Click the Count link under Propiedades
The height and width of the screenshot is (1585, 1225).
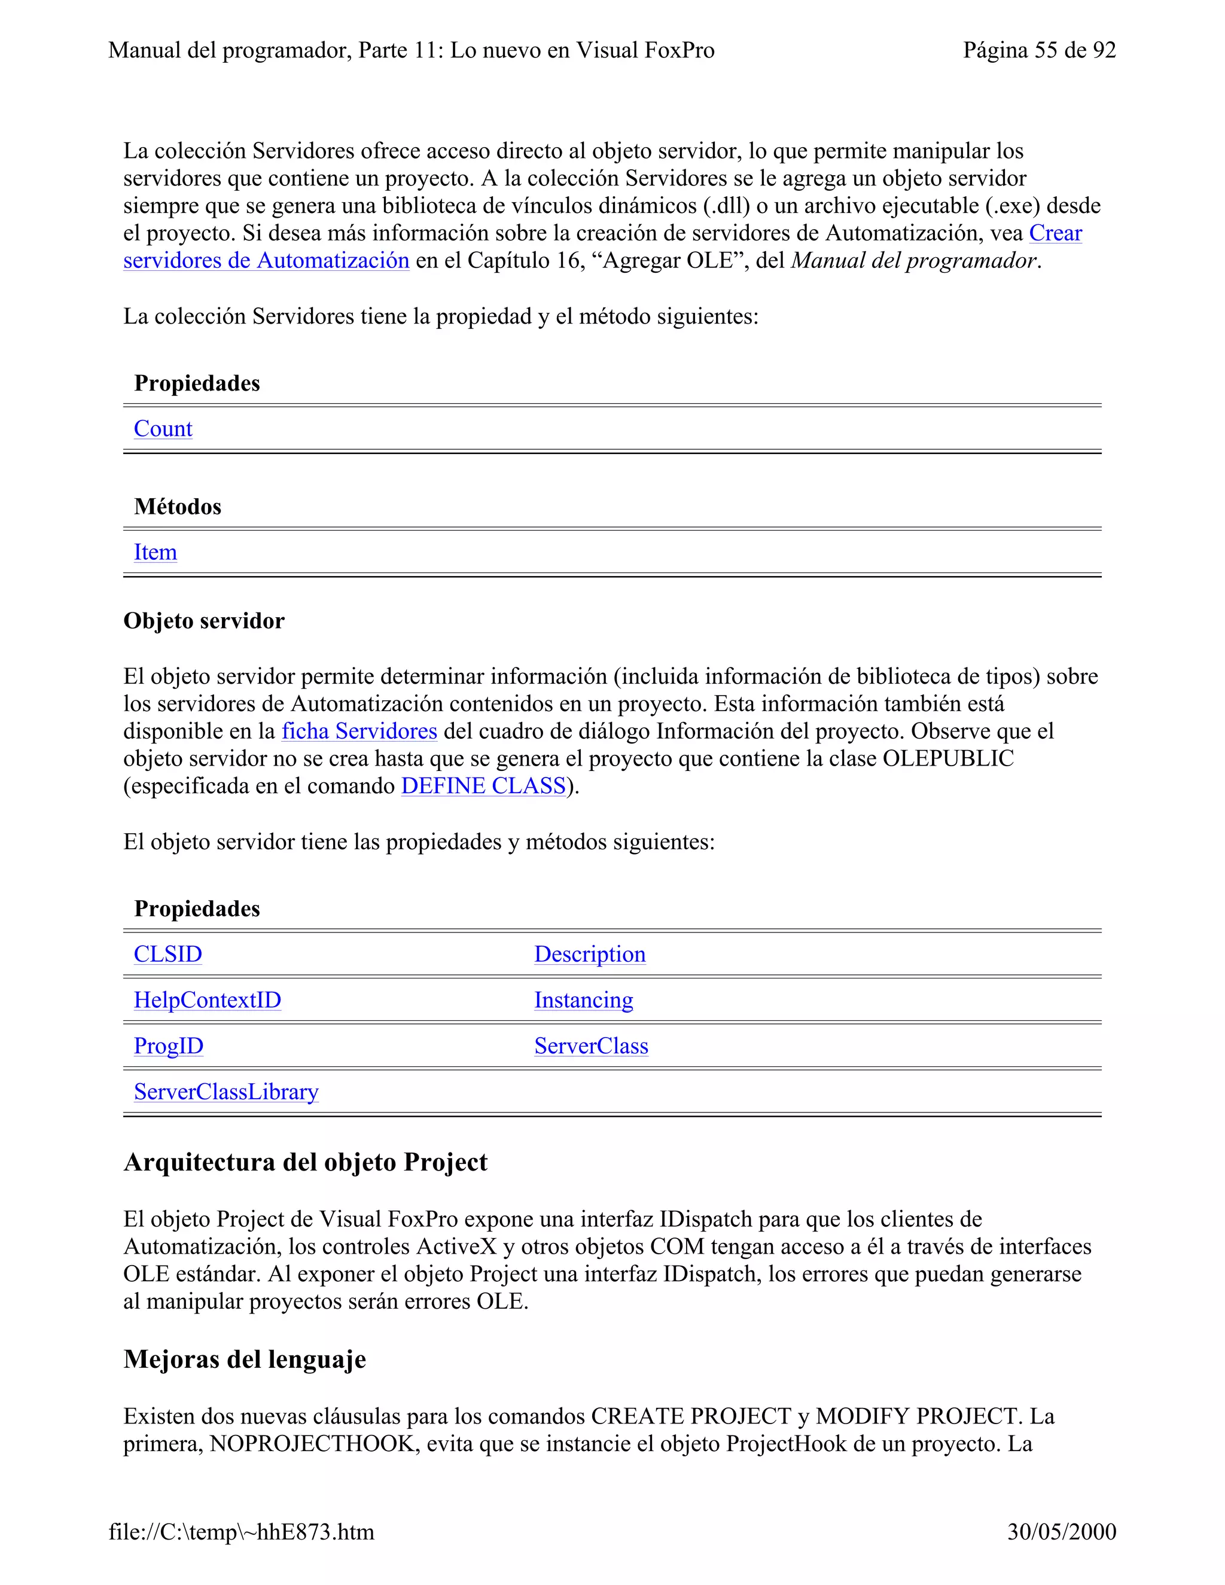tap(163, 429)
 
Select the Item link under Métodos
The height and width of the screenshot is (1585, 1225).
tap(156, 552)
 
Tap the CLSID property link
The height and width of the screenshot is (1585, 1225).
tap(167, 955)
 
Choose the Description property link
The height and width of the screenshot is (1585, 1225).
tap(589, 955)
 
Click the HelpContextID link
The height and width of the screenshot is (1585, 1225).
tap(207, 1000)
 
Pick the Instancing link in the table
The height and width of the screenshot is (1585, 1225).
tap(583, 1000)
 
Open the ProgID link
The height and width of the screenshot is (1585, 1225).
tap(168, 1046)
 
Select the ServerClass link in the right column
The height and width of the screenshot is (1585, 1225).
tap(591, 1046)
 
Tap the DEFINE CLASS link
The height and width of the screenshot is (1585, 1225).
tap(483, 786)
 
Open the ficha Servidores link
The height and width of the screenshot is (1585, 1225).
tap(359, 731)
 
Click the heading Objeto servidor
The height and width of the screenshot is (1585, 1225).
tap(204, 621)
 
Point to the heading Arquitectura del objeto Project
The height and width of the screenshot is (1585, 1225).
tap(306, 1162)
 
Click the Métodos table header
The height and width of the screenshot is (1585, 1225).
tap(178, 507)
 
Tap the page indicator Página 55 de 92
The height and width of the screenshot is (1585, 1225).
tap(1038, 50)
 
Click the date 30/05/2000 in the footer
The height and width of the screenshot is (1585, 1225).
tap(1061, 1531)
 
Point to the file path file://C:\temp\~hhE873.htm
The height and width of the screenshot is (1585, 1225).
tap(242, 1531)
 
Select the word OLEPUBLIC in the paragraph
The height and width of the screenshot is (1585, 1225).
tap(948, 758)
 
